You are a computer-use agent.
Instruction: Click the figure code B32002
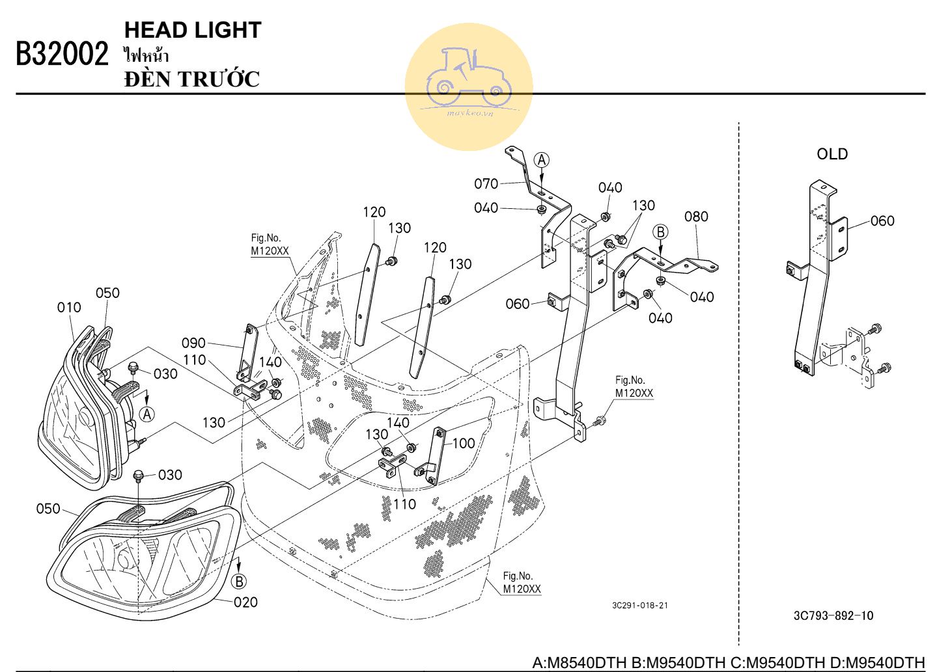point(62,55)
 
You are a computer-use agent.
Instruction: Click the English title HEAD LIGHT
point(193,30)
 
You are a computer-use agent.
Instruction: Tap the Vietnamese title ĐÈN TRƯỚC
point(192,79)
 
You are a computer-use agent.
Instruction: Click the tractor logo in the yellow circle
point(469,78)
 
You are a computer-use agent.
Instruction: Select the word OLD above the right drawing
point(832,154)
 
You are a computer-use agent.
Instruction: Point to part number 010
point(69,307)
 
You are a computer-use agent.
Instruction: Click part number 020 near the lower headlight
point(245,602)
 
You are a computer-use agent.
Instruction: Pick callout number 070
point(486,184)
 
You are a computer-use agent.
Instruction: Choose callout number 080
point(696,217)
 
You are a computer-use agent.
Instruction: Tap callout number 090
point(193,343)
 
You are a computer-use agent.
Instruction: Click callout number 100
point(464,444)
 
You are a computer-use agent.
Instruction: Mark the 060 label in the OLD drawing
point(882,221)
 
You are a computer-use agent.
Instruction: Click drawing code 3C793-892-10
point(833,615)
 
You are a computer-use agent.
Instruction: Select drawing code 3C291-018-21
point(639,606)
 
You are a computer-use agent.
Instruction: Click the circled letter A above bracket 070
point(542,160)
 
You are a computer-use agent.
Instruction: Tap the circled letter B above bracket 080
point(660,232)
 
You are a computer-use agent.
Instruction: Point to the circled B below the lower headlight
point(240,581)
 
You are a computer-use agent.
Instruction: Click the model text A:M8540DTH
point(580,663)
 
